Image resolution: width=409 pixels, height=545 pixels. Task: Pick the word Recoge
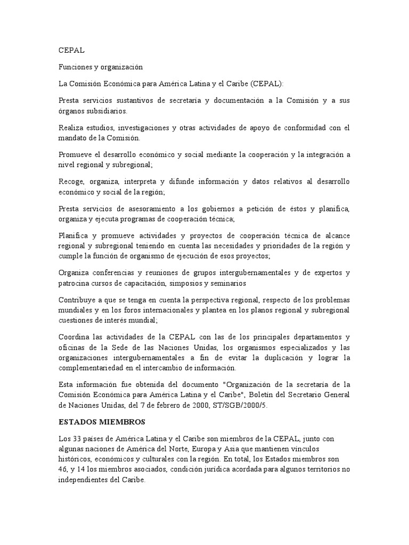(x=71, y=182)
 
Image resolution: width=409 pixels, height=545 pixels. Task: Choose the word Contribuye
(x=78, y=300)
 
